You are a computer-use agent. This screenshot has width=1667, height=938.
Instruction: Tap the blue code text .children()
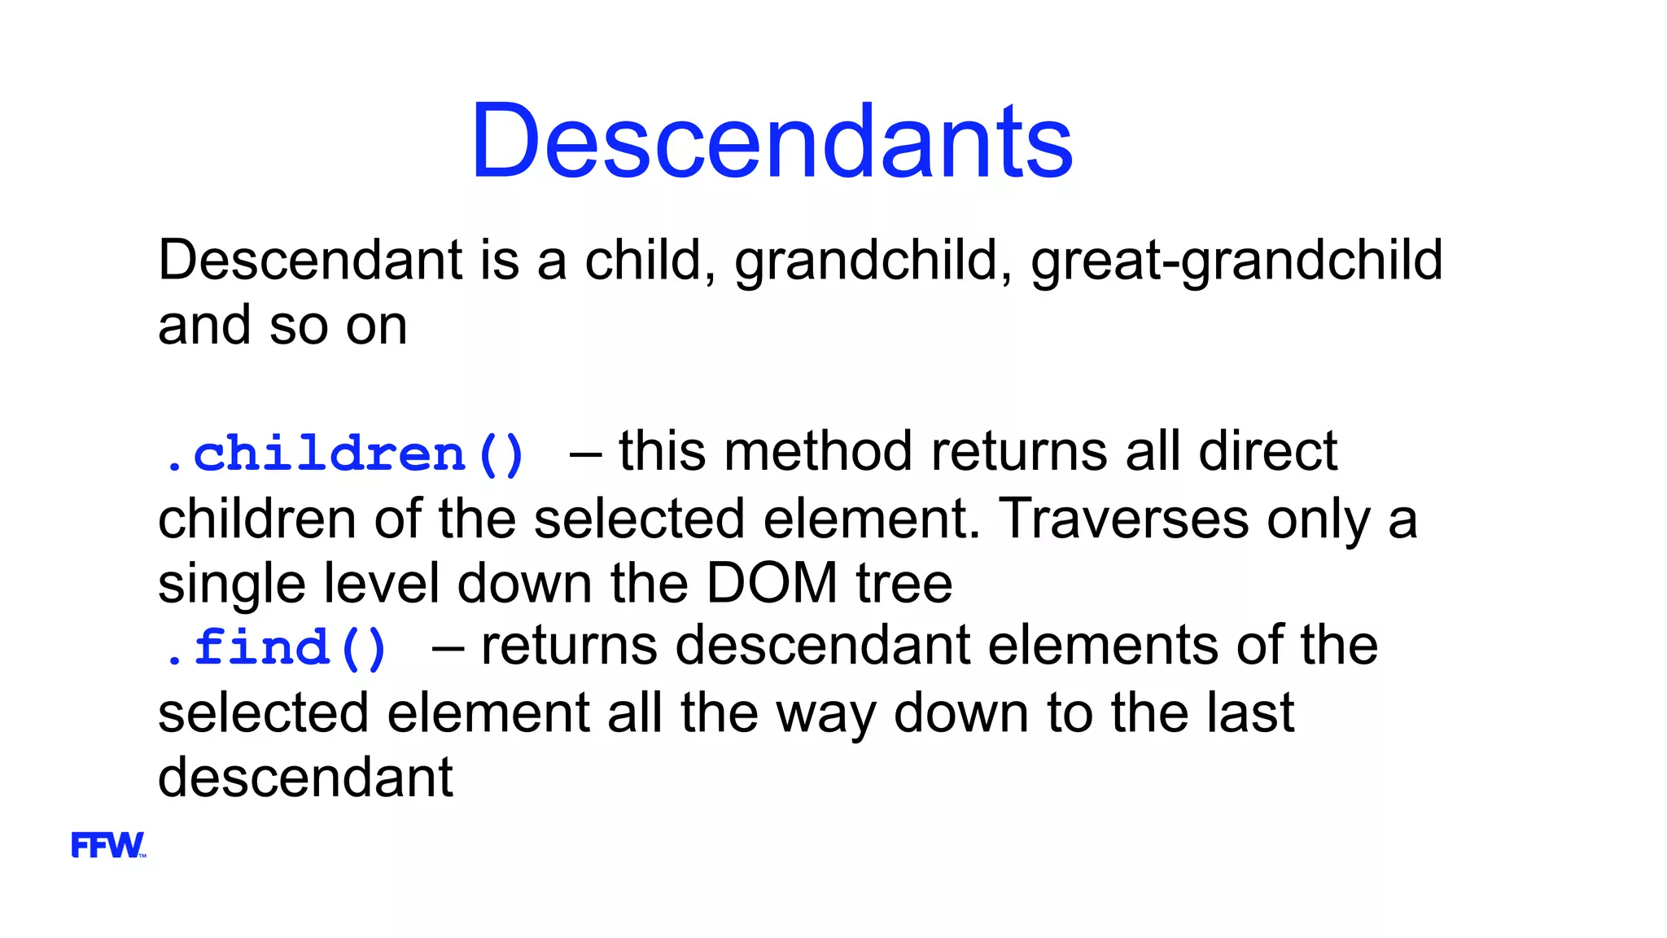(x=343, y=454)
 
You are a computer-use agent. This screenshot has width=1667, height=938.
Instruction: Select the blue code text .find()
(x=275, y=648)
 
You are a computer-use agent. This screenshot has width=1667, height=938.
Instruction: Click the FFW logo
(x=108, y=845)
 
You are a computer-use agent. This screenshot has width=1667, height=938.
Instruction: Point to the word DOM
(x=771, y=583)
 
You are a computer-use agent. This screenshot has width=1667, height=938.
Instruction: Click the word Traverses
(x=1123, y=519)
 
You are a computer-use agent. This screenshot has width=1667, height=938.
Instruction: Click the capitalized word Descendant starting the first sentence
(x=310, y=261)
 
